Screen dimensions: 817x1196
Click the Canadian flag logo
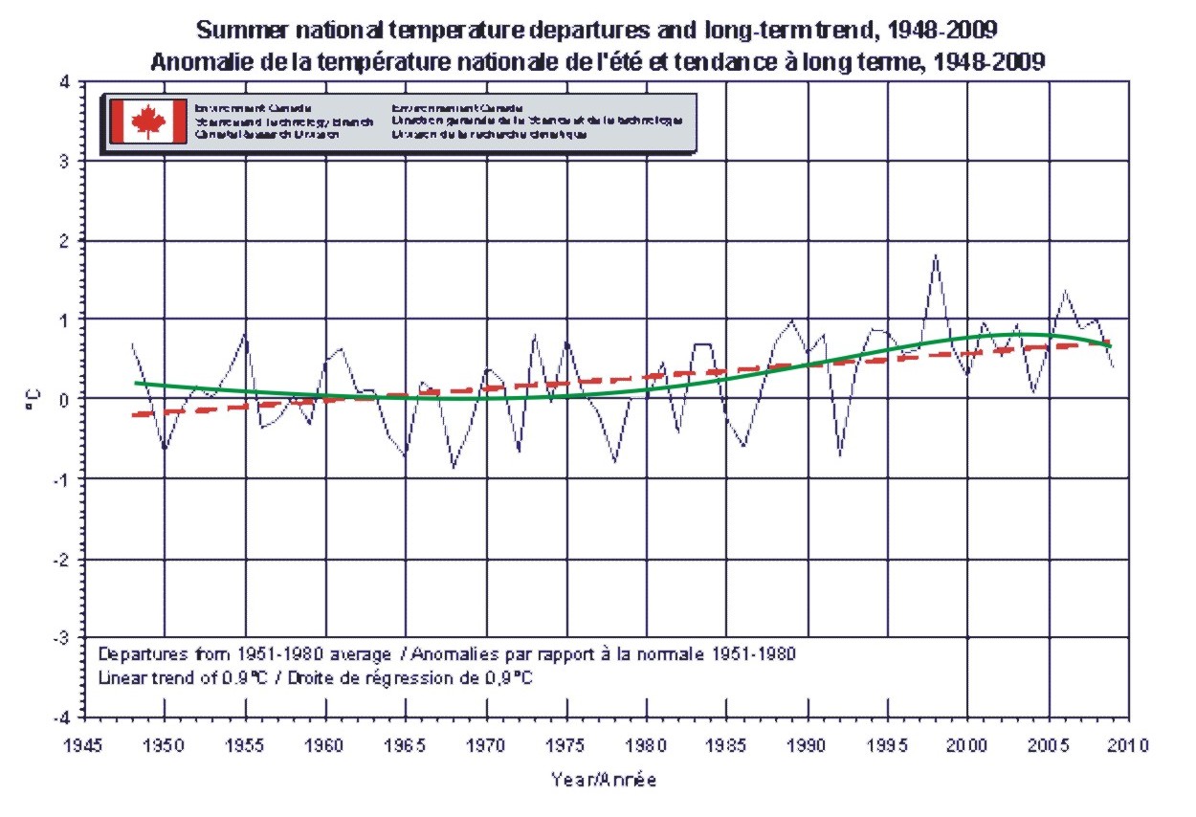coord(148,121)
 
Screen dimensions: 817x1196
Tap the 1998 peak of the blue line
coord(936,254)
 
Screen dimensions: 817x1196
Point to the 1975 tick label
coord(566,744)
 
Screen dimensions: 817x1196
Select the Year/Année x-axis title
coord(604,780)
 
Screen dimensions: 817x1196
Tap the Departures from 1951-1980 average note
coord(245,654)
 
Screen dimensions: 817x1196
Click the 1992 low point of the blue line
coord(840,454)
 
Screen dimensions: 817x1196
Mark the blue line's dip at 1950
coord(165,447)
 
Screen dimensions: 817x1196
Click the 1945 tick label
coord(85,744)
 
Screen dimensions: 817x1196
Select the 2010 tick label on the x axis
coord(1129,744)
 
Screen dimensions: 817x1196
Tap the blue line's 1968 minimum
coord(454,467)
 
